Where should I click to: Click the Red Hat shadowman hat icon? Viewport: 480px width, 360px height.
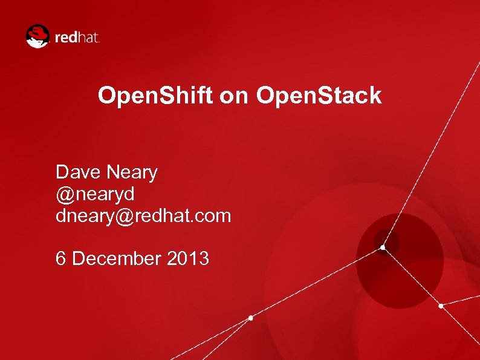pos(37,36)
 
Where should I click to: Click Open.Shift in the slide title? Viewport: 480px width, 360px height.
pos(155,96)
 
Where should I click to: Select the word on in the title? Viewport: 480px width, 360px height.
pos(235,96)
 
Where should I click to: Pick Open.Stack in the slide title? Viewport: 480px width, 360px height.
pos(319,96)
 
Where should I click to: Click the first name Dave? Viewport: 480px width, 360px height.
pos(79,172)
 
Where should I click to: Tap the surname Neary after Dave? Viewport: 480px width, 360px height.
pos(132,172)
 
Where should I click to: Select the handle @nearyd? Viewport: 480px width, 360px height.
pos(95,194)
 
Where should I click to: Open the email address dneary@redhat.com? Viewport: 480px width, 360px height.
pos(143,215)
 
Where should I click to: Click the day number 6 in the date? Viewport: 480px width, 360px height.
pos(60,258)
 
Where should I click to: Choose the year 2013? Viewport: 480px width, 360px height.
pos(188,258)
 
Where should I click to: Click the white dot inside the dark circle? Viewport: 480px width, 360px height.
pos(383,247)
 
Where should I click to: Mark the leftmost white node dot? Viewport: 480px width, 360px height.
pos(251,318)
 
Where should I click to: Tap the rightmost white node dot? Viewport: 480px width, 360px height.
pos(441,306)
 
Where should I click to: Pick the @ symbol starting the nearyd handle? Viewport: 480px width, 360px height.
pos(64,194)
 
